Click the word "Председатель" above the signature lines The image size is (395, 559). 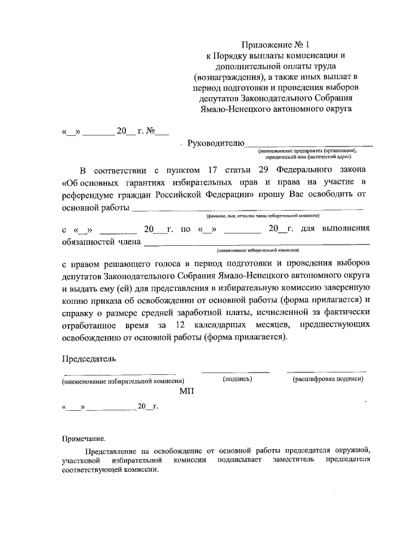(89, 358)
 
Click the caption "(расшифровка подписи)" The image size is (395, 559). (328, 379)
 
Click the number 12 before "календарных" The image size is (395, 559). (180, 324)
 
